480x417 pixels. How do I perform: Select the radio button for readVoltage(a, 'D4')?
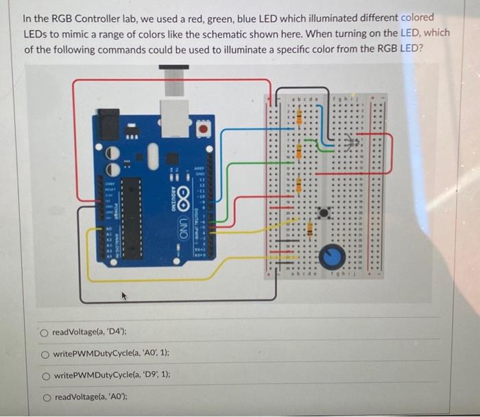(x=44, y=333)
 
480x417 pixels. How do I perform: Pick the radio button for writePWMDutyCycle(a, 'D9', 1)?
(x=44, y=376)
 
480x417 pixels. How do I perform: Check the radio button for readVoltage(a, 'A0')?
(x=44, y=397)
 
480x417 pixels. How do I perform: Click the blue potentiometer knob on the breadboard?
(x=334, y=257)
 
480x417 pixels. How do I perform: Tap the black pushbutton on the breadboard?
(x=324, y=213)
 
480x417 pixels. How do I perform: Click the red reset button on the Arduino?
(x=204, y=128)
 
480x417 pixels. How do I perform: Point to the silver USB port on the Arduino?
(x=175, y=116)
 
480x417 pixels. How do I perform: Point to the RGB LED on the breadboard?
(x=354, y=144)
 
